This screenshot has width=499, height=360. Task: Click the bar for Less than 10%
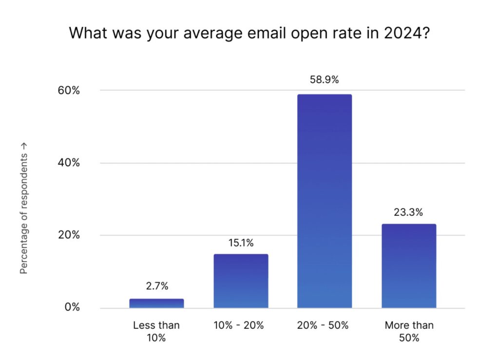tap(156, 303)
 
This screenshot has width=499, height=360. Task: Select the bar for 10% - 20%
tap(241, 281)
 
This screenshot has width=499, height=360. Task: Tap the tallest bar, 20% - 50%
tap(325, 201)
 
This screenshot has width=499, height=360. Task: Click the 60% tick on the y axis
tap(69, 91)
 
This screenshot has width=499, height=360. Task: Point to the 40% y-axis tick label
tap(69, 163)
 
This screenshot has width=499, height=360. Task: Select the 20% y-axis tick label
tap(69, 235)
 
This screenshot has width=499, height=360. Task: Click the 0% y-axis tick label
tap(72, 307)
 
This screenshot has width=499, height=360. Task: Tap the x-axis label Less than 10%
tap(156, 331)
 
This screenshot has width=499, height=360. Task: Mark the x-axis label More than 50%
tap(408, 331)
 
